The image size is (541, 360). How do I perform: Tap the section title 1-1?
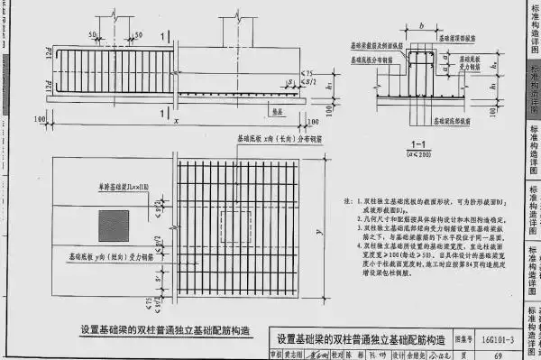point(417,144)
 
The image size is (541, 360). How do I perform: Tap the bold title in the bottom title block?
point(361,339)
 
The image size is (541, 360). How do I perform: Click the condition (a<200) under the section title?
point(417,155)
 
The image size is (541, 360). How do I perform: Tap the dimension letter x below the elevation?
point(177,122)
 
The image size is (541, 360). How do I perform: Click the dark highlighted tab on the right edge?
point(532,90)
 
